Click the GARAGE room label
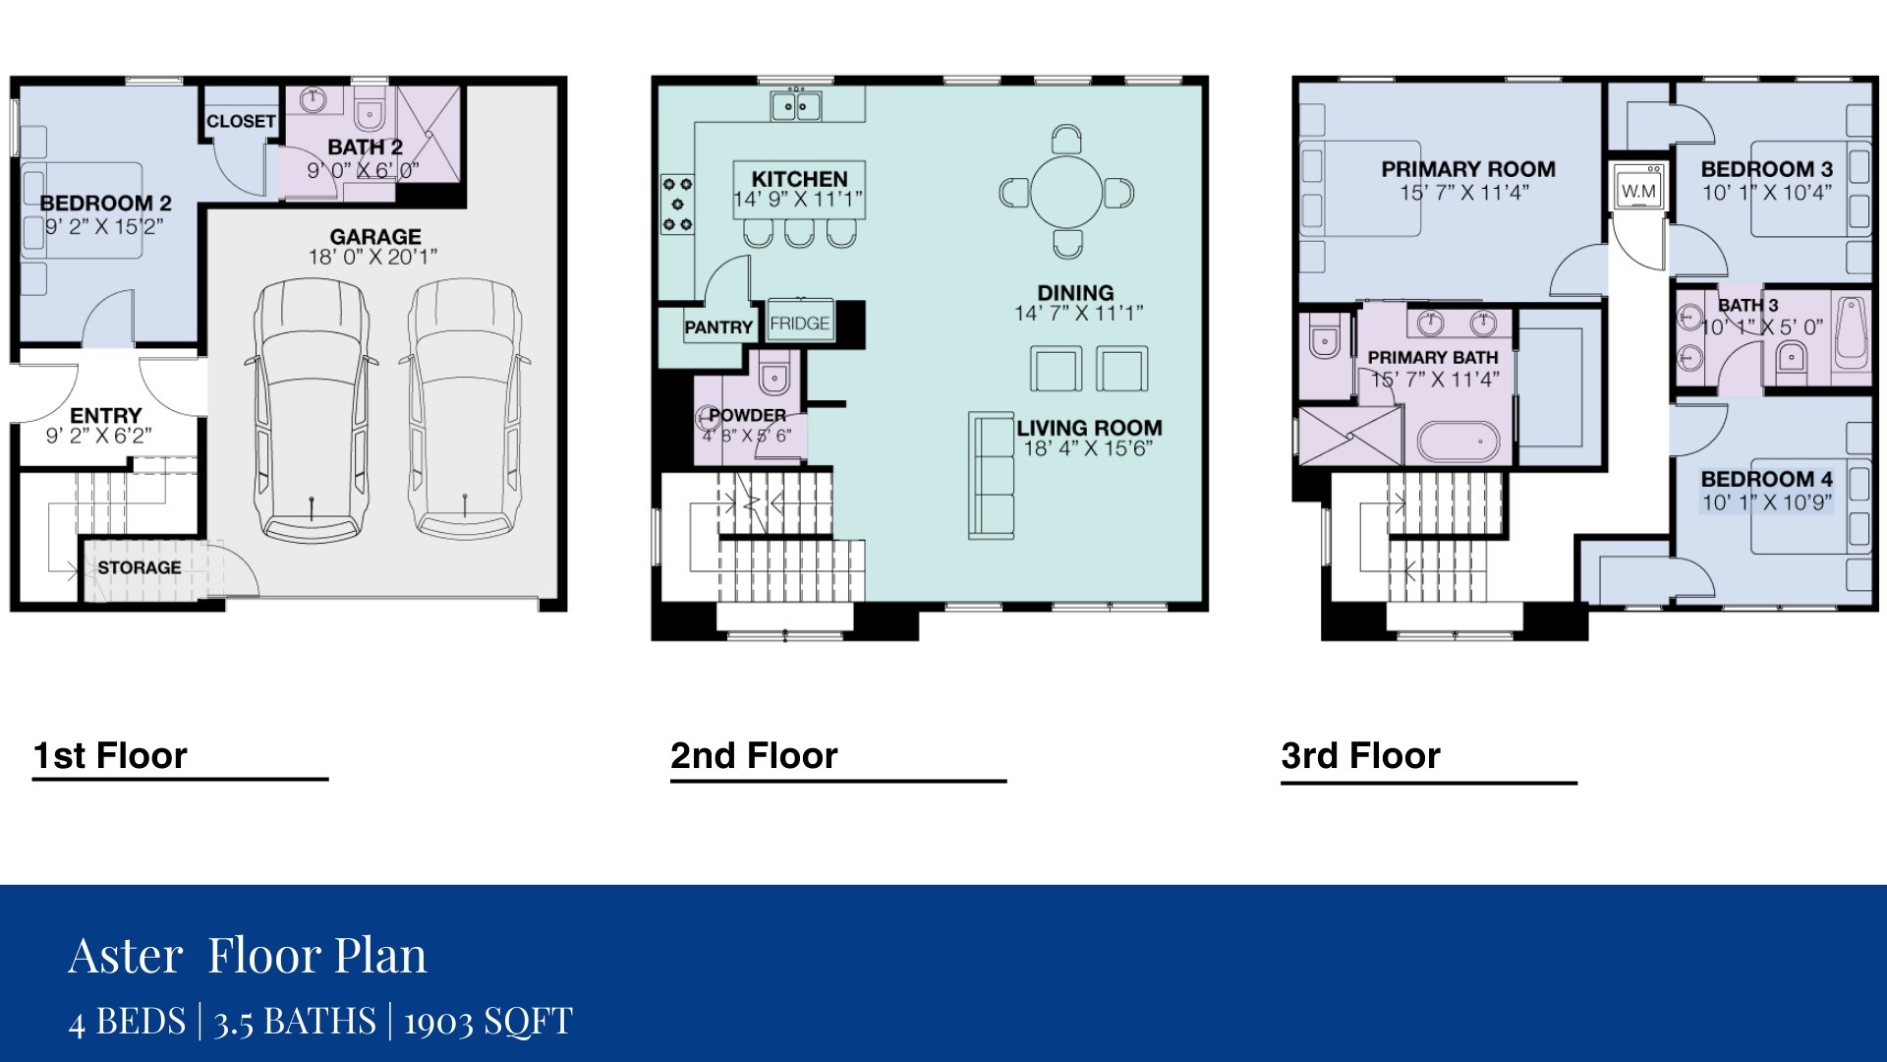(374, 237)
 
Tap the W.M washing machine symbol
(1637, 190)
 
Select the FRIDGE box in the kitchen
(799, 323)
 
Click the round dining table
(1065, 191)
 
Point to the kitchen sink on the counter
(796, 105)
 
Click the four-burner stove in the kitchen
(677, 204)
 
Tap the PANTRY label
(718, 327)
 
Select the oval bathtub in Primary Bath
(1458, 442)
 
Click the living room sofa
(991, 475)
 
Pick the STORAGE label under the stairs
(140, 567)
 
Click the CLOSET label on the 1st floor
(241, 121)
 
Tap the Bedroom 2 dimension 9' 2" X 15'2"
(104, 226)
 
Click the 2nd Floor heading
(754, 755)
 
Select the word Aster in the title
(125, 955)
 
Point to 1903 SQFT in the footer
(487, 1021)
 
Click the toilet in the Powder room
(774, 374)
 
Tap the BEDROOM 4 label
(1766, 479)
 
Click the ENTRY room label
(105, 415)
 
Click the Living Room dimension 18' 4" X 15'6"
(1087, 449)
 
